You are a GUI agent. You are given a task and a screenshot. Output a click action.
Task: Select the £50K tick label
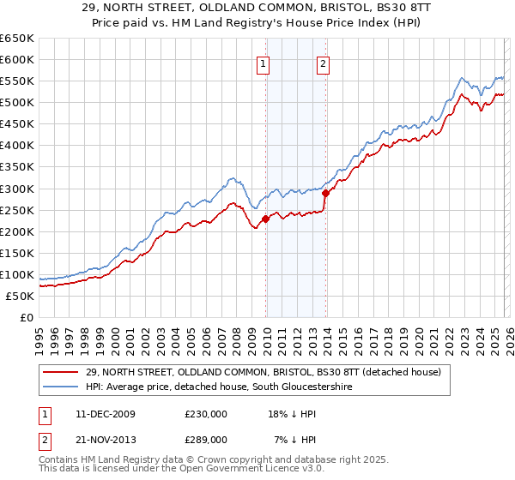click(x=20, y=296)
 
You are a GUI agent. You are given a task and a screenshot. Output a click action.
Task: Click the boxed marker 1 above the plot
click(x=263, y=62)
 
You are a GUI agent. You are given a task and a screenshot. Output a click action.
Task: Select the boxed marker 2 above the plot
click(x=323, y=62)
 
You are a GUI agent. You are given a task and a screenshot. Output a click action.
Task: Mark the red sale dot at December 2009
click(x=265, y=219)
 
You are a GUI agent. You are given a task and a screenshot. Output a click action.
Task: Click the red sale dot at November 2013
click(x=325, y=193)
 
